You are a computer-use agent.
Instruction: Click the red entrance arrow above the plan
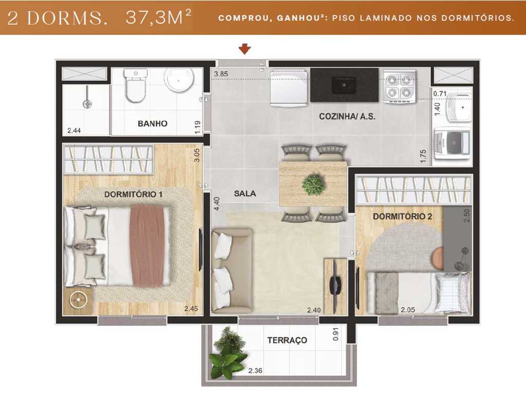(246, 49)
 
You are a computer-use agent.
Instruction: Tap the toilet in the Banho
(136, 86)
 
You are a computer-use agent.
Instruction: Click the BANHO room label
(153, 123)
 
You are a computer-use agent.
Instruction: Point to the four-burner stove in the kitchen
(399, 86)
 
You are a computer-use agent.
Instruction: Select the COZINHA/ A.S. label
(347, 117)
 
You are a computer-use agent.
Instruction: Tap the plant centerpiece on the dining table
(313, 184)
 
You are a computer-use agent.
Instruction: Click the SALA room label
(245, 193)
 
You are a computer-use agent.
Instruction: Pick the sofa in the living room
(232, 271)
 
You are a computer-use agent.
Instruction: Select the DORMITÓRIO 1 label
(133, 194)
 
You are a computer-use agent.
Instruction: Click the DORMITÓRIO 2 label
(402, 217)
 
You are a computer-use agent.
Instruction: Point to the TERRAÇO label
(287, 340)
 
